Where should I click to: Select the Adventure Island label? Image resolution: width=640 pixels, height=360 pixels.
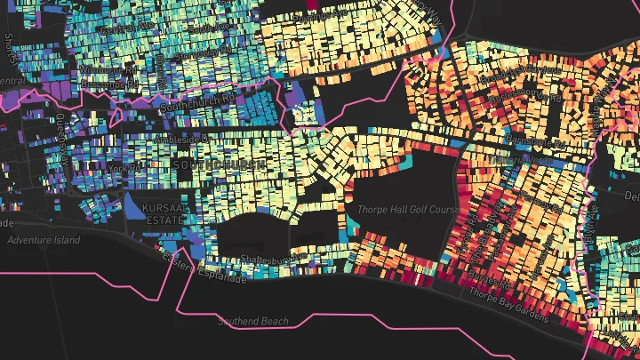(43, 240)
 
